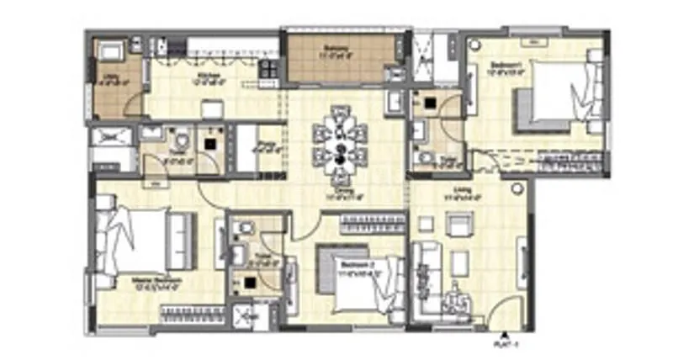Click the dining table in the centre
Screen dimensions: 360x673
tap(341, 142)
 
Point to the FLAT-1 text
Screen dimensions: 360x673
tap(505, 343)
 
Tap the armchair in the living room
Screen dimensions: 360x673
tap(459, 225)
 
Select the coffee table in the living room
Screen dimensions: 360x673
tap(458, 263)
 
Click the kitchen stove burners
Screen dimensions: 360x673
tap(268, 67)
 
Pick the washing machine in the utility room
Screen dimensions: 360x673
tap(110, 52)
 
